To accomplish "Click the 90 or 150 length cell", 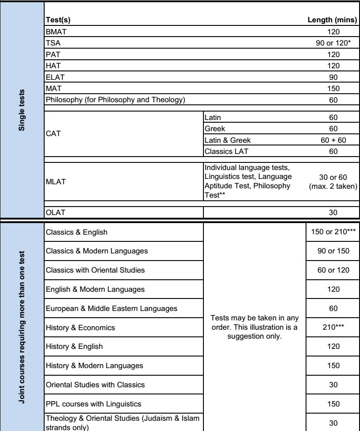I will [x=333, y=252].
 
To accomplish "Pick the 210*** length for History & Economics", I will [x=333, y=327].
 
